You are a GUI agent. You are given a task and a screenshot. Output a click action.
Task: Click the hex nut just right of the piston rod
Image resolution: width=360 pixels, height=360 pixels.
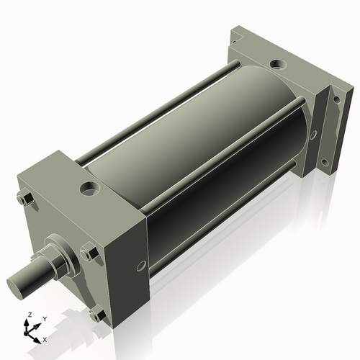coord(90,253)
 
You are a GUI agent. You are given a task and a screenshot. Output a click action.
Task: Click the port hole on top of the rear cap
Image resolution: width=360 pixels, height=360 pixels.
coord(276,66)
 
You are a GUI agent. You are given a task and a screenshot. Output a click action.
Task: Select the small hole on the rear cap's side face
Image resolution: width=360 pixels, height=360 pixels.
coord(312,135)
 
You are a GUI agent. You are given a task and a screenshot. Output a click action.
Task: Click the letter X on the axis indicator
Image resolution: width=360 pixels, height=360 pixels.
coord(45,338)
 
